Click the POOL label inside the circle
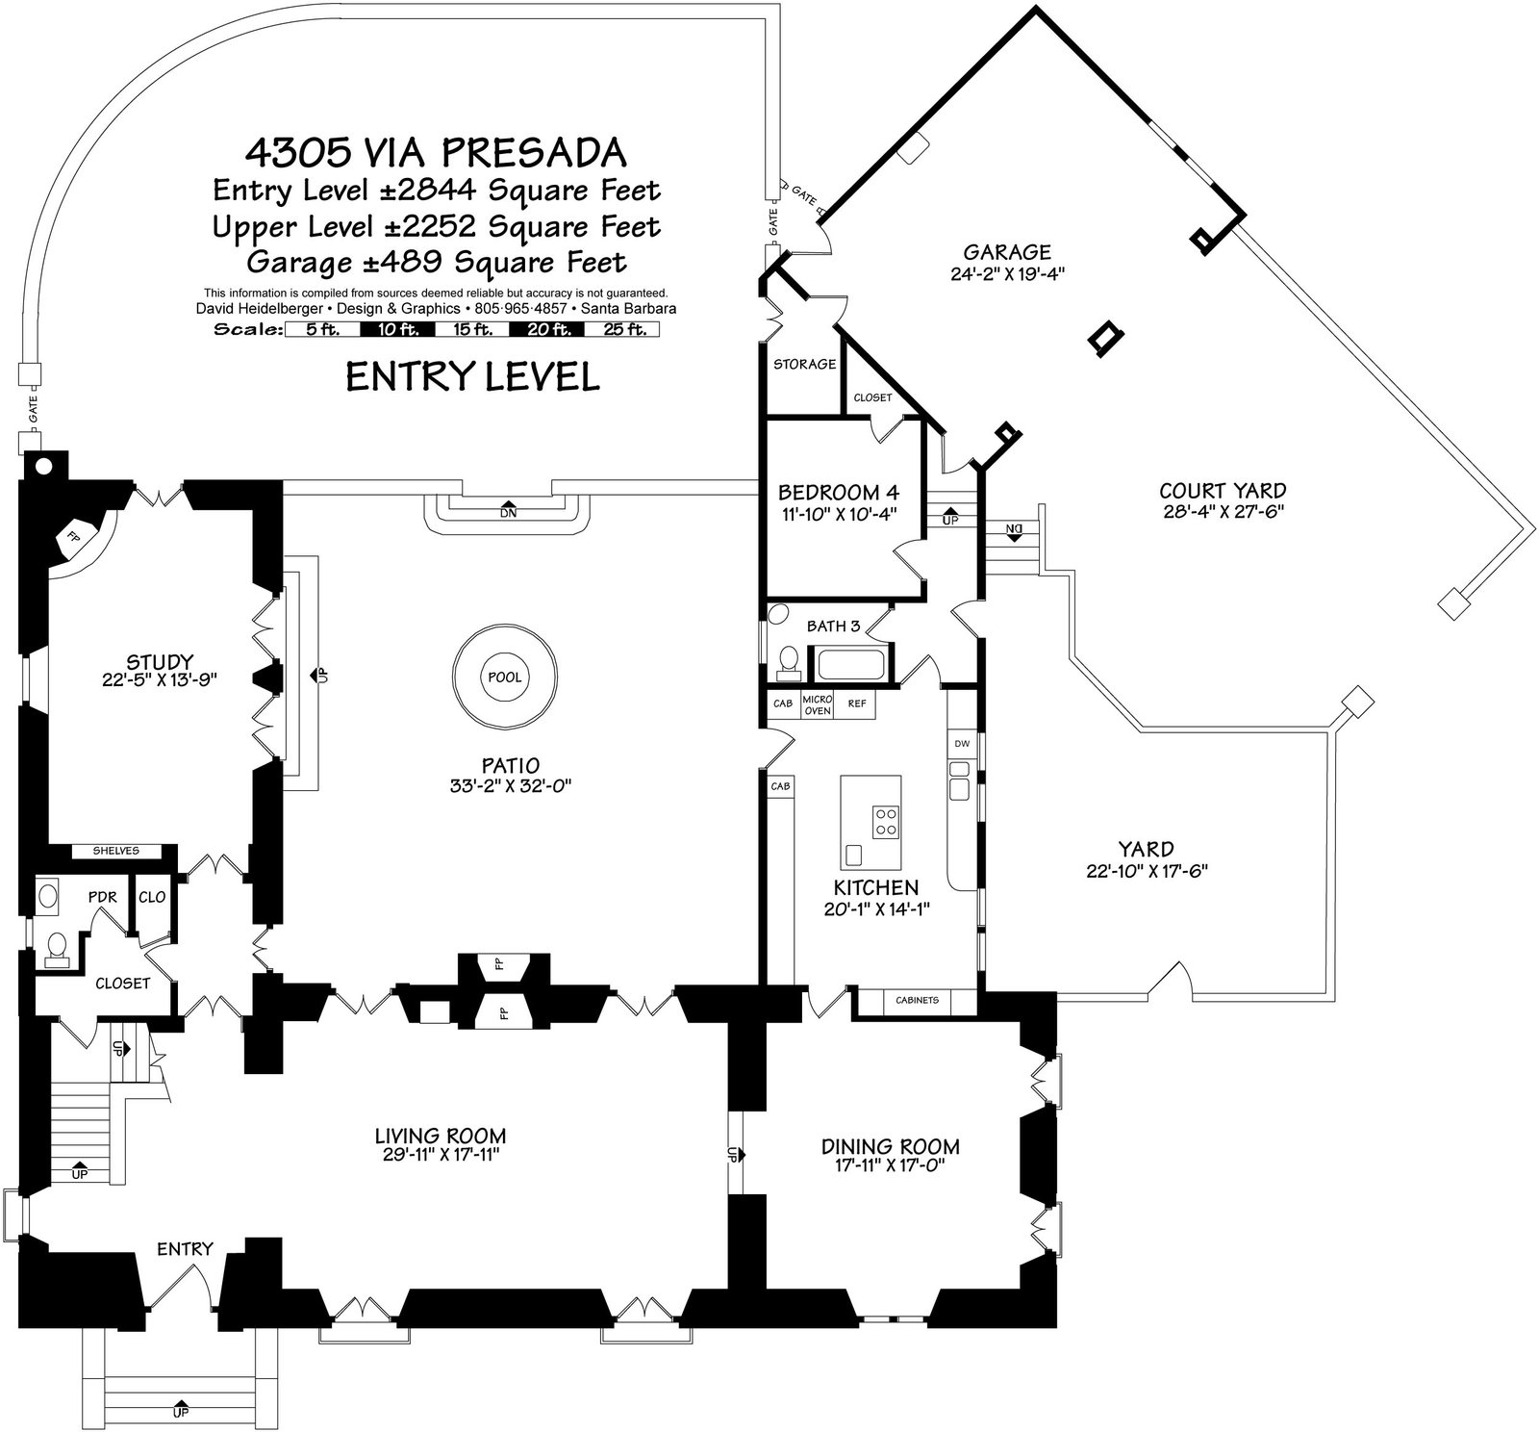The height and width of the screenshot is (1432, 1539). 505,677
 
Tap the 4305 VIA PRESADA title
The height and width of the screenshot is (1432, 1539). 436,152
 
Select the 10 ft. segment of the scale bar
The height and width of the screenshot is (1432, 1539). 397,329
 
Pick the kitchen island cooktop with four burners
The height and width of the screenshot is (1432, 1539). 886,821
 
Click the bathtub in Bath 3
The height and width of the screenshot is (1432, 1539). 852,664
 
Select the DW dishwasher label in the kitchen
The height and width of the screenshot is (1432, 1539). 961,744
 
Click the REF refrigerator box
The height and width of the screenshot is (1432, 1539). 856,703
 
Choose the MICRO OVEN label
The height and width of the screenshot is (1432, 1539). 817,704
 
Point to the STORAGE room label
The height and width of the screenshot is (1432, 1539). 805,364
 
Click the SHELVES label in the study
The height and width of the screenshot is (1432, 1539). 115,851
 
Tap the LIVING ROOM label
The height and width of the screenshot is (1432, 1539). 441,1136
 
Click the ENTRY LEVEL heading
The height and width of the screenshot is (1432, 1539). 472,376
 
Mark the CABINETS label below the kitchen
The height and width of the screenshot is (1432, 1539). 917,1000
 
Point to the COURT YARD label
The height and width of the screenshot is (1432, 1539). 1223,491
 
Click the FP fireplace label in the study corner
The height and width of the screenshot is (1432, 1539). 71,537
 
